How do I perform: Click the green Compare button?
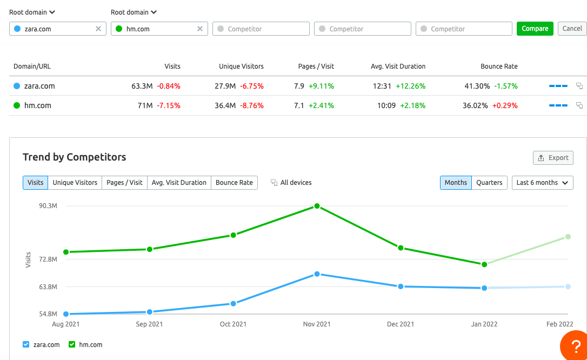[535, 29]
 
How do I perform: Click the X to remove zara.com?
[98, 29]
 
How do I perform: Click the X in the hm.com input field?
[200, 29]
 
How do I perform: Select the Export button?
[553, 158]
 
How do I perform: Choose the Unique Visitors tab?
[75, 183]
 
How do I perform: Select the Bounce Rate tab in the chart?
[234, 183]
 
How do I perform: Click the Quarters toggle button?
[489, 183]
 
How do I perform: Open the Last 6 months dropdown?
[542, 183]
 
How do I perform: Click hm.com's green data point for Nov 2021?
[317, 206]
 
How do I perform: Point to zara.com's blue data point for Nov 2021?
[317, 274]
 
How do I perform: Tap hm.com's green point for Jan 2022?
[484, 264]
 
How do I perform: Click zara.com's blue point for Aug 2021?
[66, 314]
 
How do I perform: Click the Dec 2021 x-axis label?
[401, 324]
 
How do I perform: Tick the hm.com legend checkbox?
[72, 344]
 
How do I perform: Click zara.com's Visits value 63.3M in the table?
[142, 86]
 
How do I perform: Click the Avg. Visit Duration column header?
[398, 66]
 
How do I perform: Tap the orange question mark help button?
[573, 346]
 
